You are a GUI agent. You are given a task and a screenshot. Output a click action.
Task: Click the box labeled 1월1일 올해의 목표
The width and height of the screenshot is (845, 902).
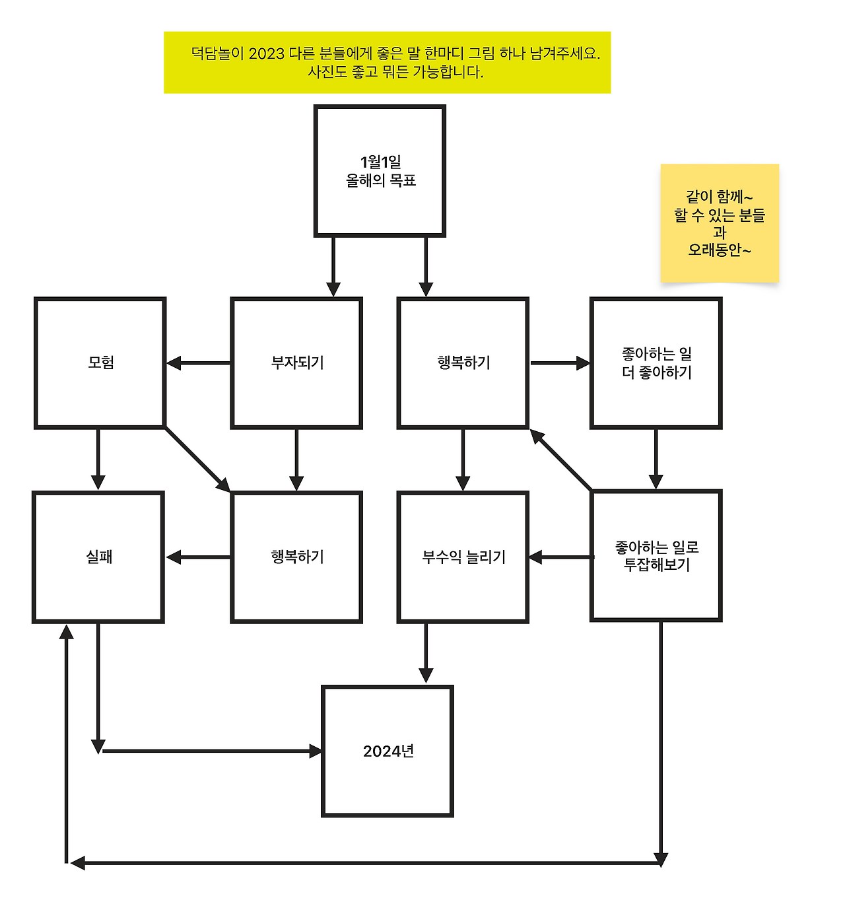(x=380, y=170)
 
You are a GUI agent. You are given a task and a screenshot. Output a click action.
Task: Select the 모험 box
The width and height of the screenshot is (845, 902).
(x=100, y=363)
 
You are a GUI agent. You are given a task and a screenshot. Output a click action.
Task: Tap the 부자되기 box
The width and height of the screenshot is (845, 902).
(x=296, y=363)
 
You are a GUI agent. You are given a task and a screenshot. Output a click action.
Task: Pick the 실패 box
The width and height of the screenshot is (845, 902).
(x=98, y=557)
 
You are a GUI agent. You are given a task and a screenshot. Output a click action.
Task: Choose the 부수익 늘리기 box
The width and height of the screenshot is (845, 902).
(x=463, y=557)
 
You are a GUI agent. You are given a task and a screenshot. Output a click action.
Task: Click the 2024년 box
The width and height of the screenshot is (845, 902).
(x=388, y=751)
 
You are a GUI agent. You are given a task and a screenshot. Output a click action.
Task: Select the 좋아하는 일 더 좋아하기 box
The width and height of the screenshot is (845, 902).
(x=656, y=363)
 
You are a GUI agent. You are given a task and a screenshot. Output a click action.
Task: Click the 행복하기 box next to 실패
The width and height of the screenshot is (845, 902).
(x=296, y=557)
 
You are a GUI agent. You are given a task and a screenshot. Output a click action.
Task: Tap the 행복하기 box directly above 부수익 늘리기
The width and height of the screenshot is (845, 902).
(x=463, y=363)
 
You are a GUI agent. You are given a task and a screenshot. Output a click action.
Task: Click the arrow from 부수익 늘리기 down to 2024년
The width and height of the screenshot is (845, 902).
(x=426, y=653)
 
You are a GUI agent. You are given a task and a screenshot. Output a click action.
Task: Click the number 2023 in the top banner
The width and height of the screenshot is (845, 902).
(x=266, y=53)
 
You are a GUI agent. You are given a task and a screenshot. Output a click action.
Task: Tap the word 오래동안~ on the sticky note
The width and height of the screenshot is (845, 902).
(x=720, y=250)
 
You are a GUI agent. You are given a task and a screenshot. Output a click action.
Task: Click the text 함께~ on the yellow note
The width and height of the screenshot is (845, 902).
(x=734, y=197)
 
